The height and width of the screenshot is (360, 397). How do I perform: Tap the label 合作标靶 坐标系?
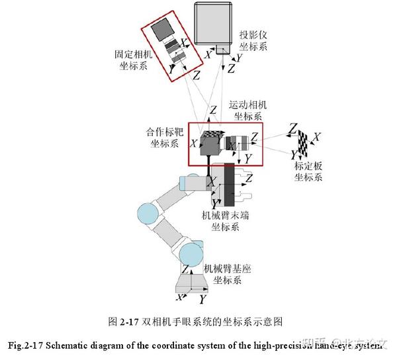161,137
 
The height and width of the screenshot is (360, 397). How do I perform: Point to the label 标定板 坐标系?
308,171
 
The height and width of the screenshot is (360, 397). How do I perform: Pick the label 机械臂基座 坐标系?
228,275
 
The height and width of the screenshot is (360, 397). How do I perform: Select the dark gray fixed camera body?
160,30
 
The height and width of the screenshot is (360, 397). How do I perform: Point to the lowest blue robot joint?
190,253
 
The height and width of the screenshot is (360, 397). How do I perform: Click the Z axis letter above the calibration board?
292,127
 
